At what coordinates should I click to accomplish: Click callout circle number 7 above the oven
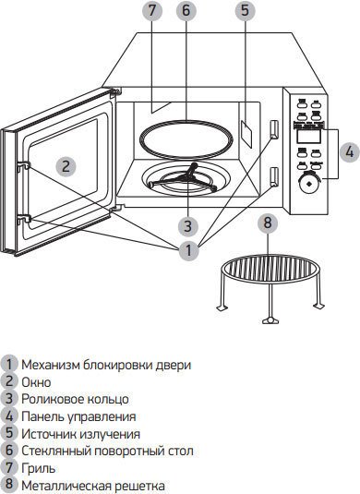(151, 10)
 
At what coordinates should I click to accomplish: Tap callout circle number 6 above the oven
(186, 10)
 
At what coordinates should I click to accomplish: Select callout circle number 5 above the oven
(246, 10)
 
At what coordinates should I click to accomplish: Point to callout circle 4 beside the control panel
(349, 152)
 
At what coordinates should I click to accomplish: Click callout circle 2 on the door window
(66, 166)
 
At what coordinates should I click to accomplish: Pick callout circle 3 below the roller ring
(188, 226)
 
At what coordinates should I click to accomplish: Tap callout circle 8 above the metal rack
(268, 223)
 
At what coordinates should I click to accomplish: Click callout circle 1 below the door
(188, 250)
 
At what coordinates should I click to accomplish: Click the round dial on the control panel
(308, 183)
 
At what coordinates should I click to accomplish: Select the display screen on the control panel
(308, 137)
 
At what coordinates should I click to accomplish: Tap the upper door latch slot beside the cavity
(274, 129)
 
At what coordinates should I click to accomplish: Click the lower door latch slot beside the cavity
(274, 176)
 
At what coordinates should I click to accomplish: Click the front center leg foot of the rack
(270, 320)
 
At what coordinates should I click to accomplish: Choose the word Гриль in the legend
(39, 468)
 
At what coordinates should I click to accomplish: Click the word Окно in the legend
(36, 382)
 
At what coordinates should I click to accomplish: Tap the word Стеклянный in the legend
(56, 451)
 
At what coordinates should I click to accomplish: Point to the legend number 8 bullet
(9, 485)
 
